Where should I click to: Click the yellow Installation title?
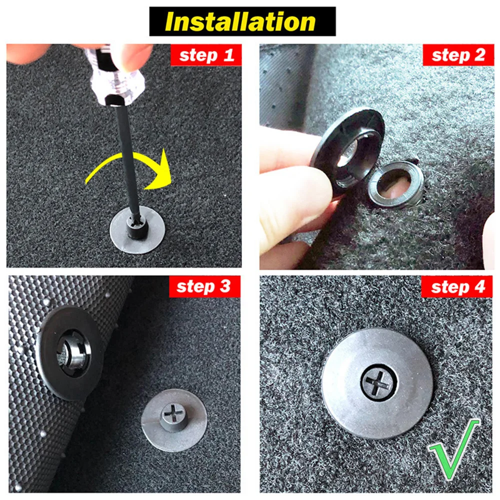tap(242, 21)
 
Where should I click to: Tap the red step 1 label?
tap(206, 55)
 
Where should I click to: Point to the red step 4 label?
tap(457, 286)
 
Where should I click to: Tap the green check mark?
tap(452, 446)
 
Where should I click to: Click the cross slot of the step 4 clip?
tap(378, 383)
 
